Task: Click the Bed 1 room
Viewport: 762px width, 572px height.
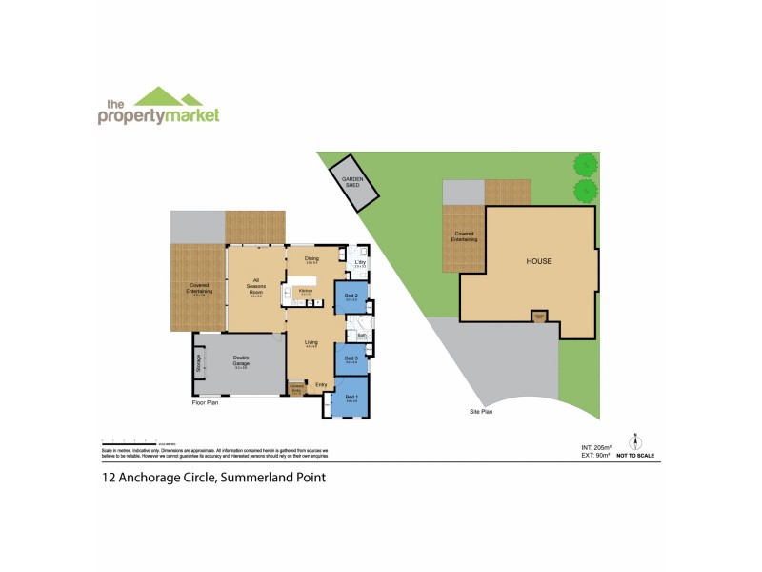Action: pos(351,399)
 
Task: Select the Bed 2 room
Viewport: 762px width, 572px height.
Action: pos(351,296)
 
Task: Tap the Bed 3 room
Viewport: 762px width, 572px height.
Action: pos(351,361)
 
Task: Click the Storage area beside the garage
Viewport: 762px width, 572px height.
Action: pos(199,363)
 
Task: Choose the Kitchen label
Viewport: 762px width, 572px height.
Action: pos(306,291)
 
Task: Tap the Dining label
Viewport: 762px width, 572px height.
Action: pos(311,259)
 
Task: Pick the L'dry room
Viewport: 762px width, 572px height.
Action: pos(361,263)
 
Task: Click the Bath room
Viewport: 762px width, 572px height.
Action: pos(363,335)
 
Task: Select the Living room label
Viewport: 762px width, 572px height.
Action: pos(311,343)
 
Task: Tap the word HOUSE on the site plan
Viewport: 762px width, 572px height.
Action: pos(539,260)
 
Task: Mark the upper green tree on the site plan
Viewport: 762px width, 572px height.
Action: pos(584,164)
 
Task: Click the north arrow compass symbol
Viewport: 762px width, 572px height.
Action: pos(635,442)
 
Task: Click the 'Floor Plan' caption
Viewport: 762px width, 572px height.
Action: pos(206,403)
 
